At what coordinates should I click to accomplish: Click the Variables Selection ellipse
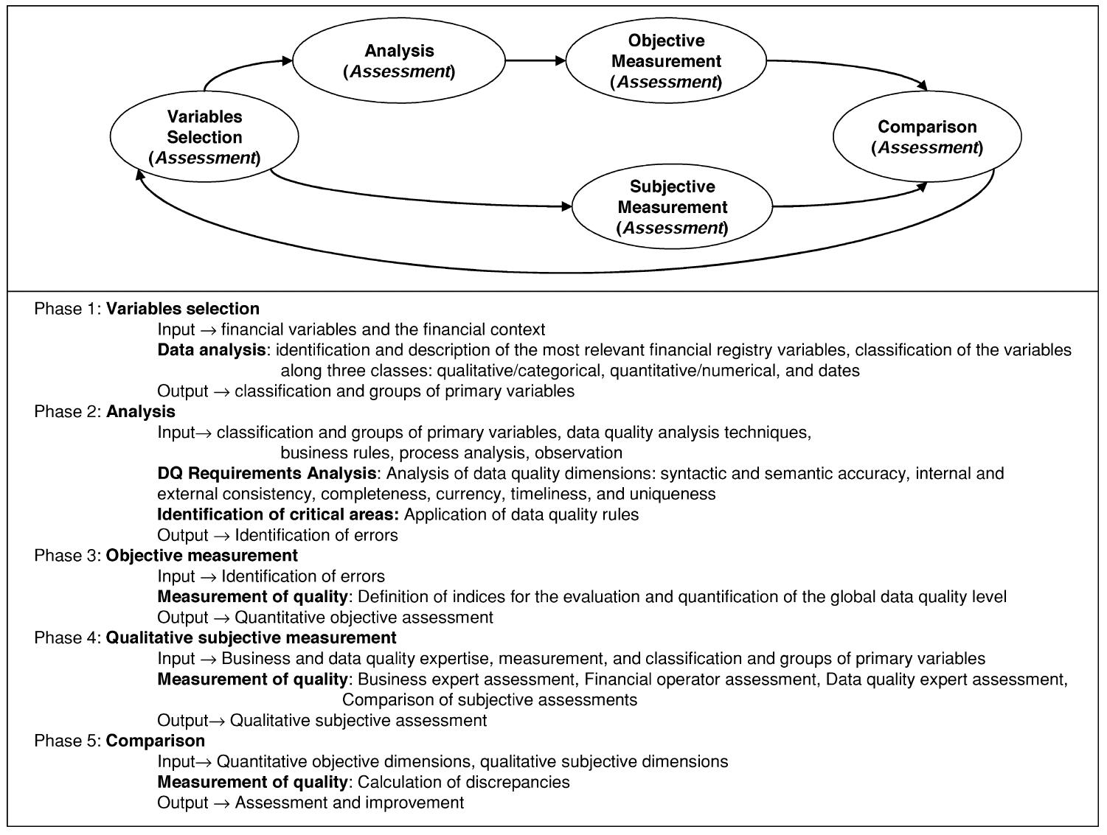click(204, 137)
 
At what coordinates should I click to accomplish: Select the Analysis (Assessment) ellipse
click(399, 61)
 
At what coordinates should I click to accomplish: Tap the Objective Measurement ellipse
click(666, 61)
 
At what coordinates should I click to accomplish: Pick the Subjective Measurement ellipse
click(672, 207)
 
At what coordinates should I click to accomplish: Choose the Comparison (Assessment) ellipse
click(927, 137)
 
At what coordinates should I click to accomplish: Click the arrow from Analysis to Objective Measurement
click(535, 60)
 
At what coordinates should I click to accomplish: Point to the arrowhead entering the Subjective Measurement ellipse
click(566, 207)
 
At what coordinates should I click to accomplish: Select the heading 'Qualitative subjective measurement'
click(251, 637)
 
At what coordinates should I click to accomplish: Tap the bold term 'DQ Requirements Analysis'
click(266, 473)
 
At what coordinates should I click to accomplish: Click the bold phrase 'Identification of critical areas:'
click(278, 514)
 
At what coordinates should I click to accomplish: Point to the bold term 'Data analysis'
click(211, 350)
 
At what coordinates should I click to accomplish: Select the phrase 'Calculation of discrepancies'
click(463, 782)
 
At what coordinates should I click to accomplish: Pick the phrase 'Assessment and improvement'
click(349, 803)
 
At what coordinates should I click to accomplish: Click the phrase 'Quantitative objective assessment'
click(364, 618)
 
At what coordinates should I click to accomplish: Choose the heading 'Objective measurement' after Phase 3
click(201, 556)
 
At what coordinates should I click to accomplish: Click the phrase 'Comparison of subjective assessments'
click(489, 699)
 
